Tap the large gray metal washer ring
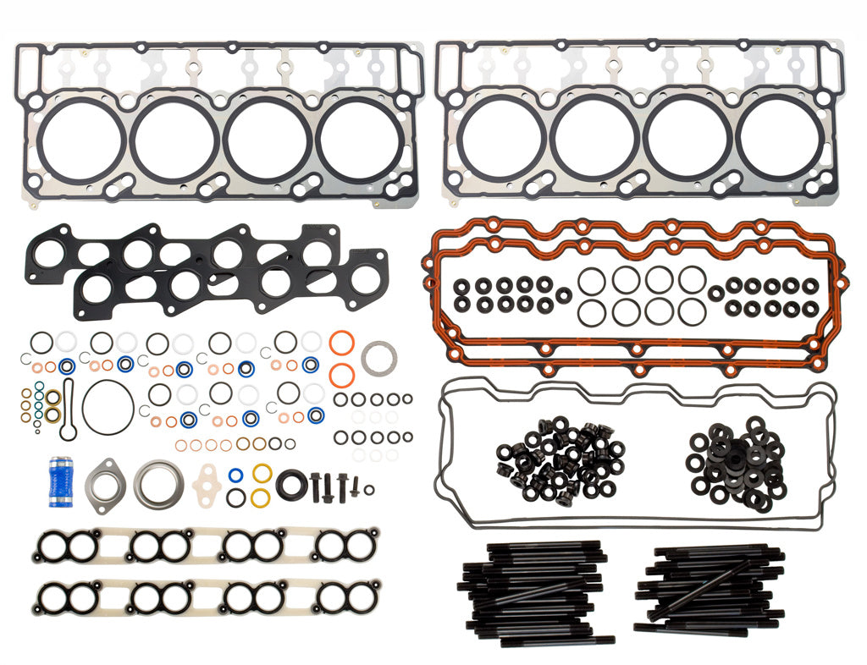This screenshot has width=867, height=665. tap(377, 357)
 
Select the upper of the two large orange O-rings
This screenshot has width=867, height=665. tap(340, 345)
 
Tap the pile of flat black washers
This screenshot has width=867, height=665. tap(735, 461)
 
